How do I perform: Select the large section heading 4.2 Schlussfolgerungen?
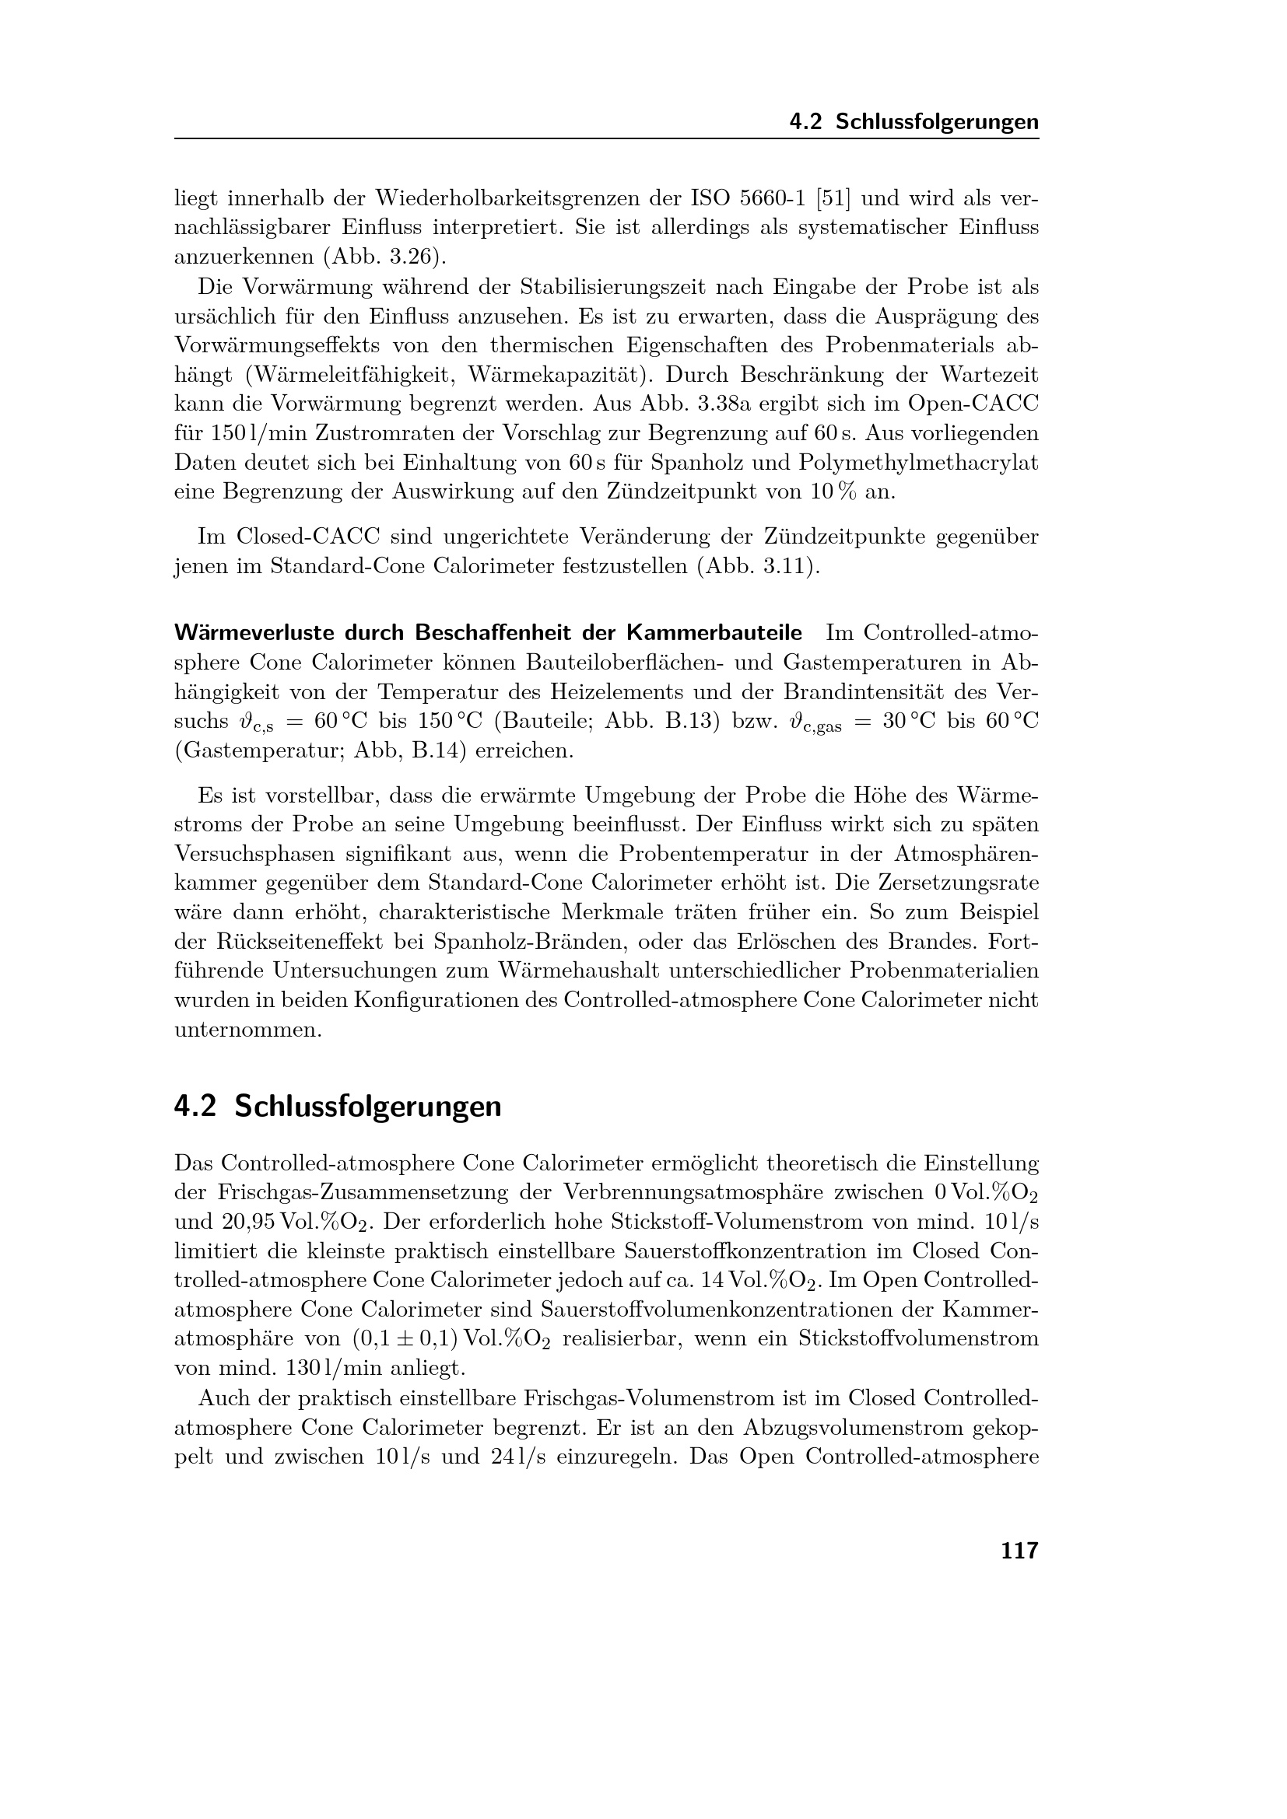coord(338,1106)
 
